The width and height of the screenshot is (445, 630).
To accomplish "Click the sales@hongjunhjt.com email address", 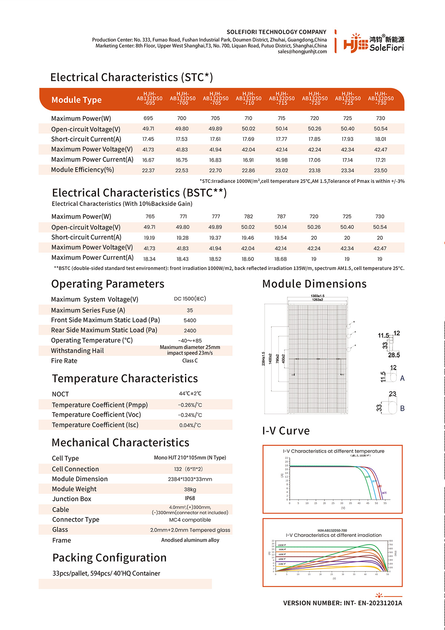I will click(x=302, y=52).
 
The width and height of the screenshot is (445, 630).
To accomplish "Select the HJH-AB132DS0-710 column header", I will click(x=248, y=98).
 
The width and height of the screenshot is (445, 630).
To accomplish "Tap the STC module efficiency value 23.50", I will click(x=380, y=170).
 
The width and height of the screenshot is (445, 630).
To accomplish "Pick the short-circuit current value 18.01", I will click(x=380, y=139).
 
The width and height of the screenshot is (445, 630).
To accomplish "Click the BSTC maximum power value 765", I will click(x=150, y=216).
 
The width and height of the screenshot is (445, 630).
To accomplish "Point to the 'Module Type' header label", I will click(x=76, y=100).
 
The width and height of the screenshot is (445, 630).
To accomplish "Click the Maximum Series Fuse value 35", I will click(x=190, y=310).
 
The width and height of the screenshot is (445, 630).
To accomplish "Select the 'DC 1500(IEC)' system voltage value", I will click(x=190, y=299).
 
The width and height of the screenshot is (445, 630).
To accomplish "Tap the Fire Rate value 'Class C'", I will click(x=190, y=361).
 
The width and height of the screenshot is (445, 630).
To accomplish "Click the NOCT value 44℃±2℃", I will click(x=190, y=393).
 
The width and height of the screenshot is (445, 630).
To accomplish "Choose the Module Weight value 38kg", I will click(x=190, y=489).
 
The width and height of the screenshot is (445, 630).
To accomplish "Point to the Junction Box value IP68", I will click(x=190, y=498).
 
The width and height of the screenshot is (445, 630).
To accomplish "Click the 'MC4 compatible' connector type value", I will click(x=190, y=520).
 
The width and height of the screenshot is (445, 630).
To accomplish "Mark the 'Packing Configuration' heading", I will click(x=109, y=558).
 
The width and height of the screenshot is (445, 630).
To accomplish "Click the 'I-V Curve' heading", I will click(x=286, y=431).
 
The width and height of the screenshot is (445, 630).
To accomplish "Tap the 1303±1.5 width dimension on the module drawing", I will click(x=317, y=296).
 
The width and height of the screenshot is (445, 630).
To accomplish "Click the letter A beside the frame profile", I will click(x=402, y=378).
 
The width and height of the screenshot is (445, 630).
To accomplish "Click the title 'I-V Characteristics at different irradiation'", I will click(x=333, y=535).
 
